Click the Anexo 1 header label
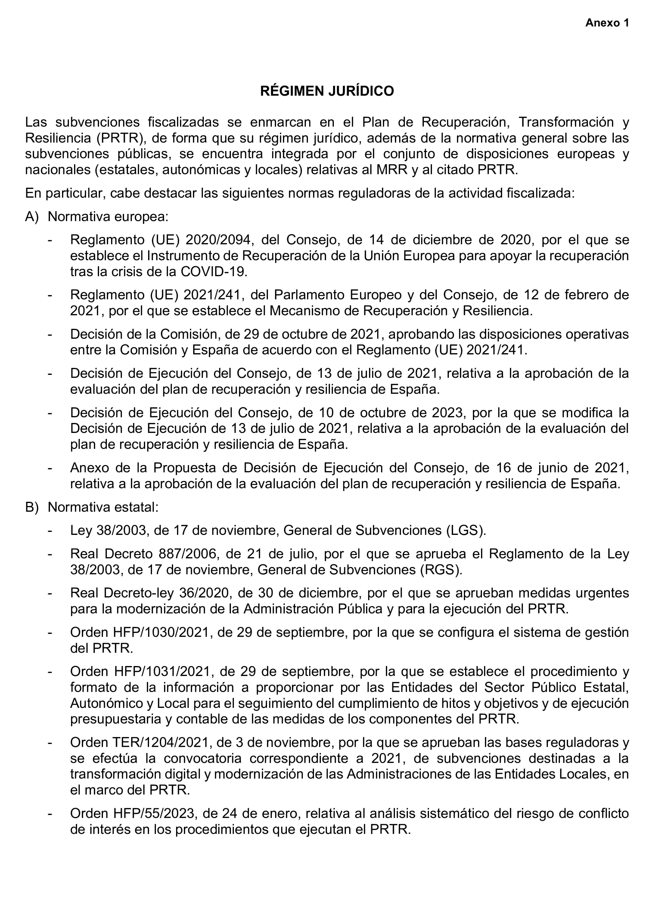607,23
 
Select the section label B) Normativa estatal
92,507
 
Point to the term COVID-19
213,271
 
